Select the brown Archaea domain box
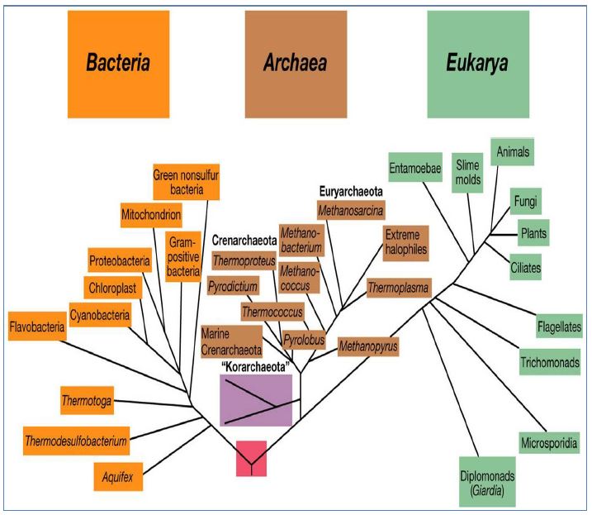tap(296, 64)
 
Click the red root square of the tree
tap(251, 458)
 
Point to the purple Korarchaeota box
tap(256, 400)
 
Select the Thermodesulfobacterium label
tap(76, 441)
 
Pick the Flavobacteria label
tap(37, 328)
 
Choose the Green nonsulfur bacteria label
tap(187, 183)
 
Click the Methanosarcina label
tap(352, 210)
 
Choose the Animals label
tap(513, 152)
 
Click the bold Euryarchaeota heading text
tap(353, 188)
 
